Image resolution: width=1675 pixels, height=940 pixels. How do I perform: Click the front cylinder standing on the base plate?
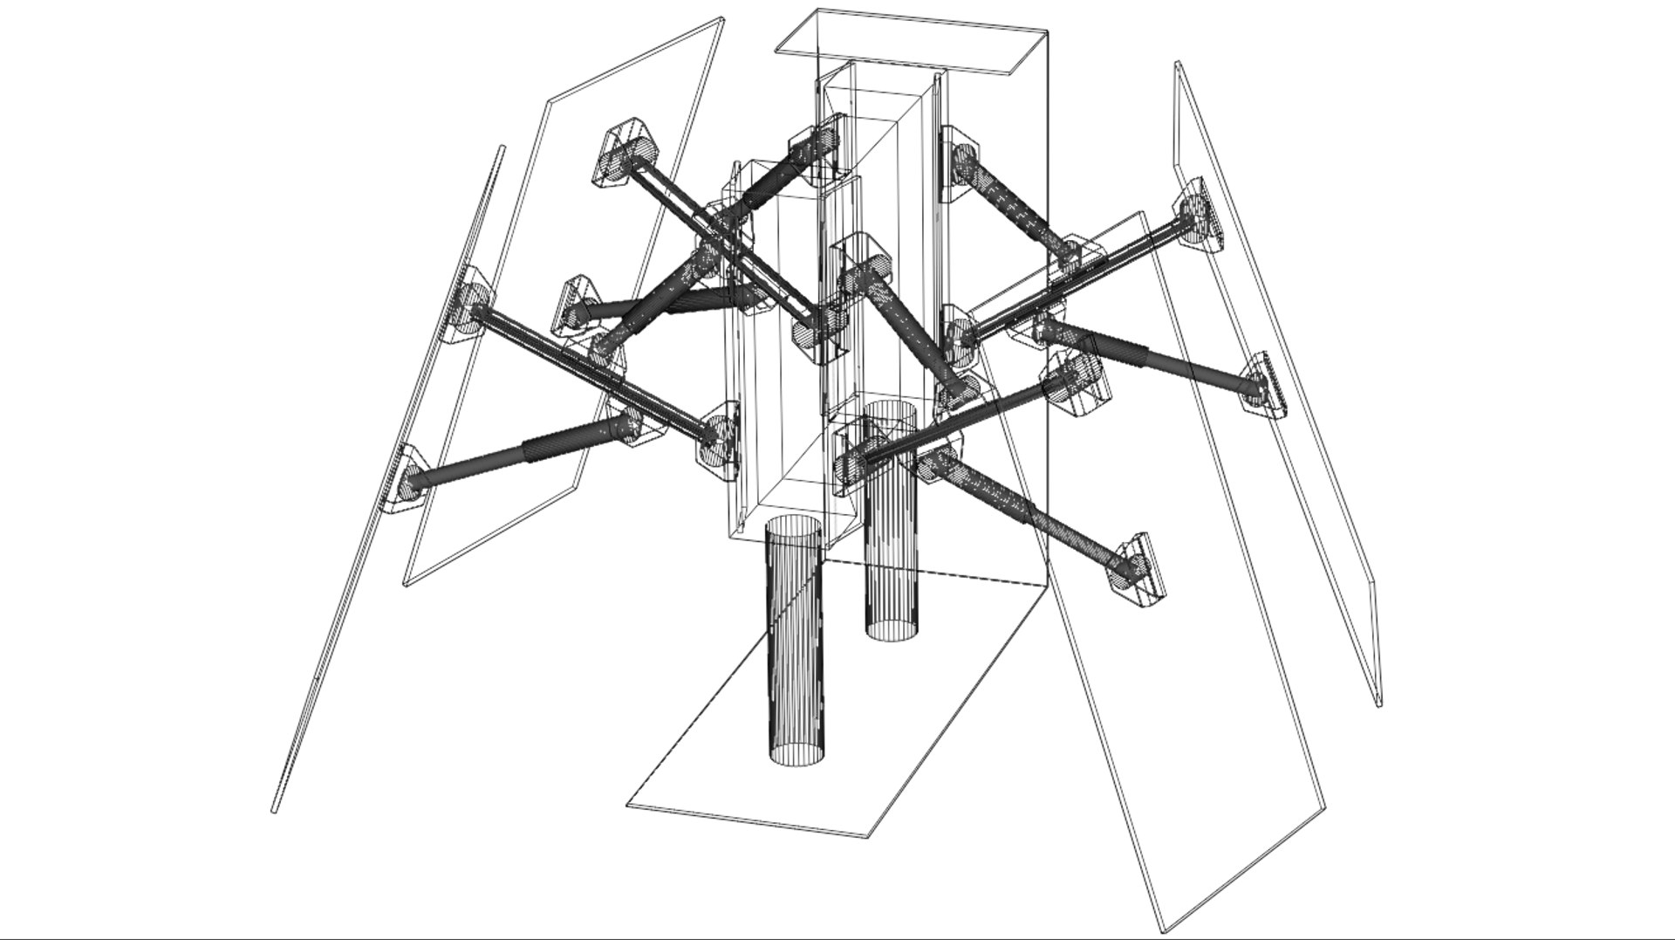795,646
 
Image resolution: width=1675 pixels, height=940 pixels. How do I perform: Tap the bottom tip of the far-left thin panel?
274,811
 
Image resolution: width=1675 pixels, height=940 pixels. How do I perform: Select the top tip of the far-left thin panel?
502,148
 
